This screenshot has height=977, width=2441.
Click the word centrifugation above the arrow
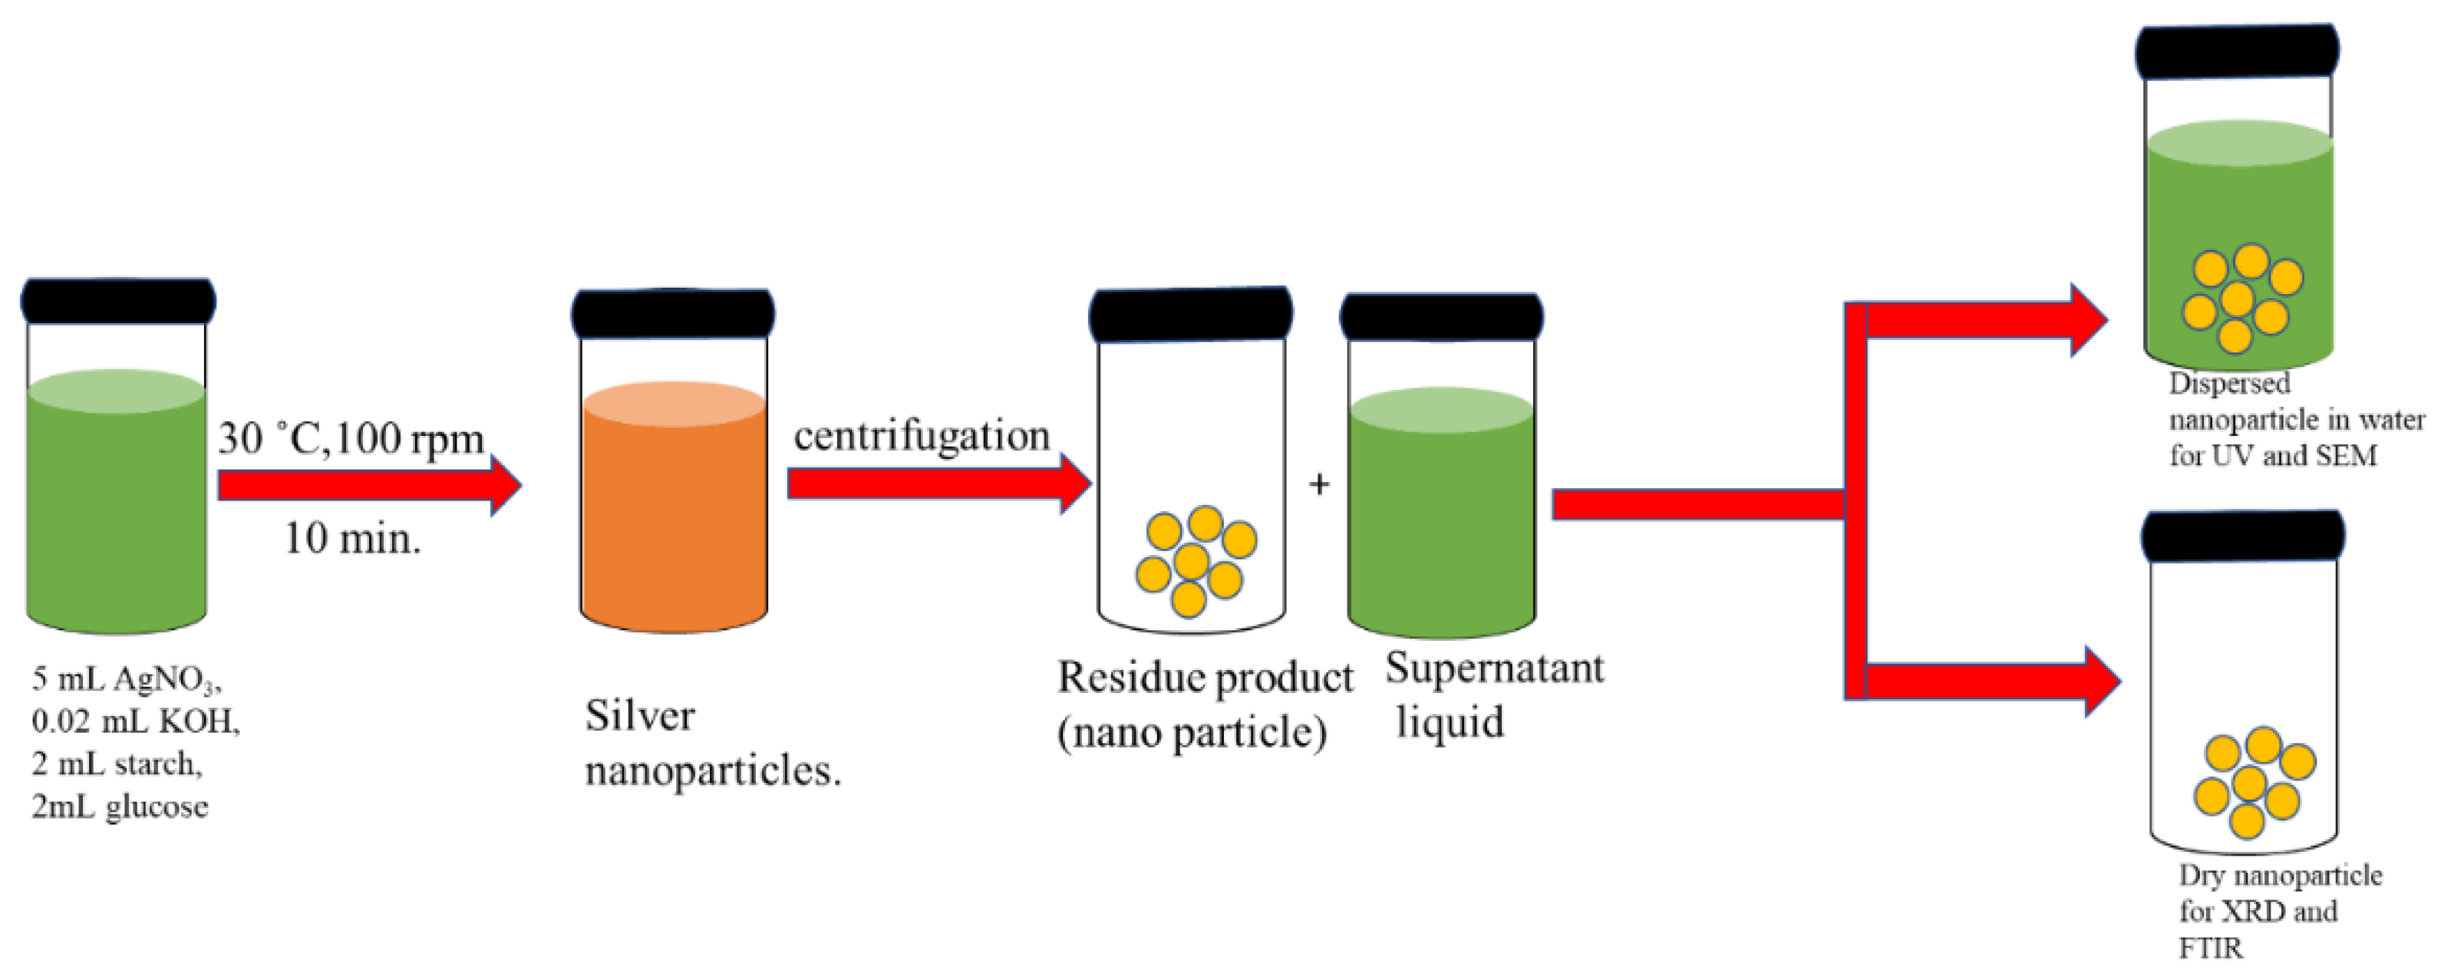(x=921, y=436)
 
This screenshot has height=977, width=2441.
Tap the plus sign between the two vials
(x=1318, y=484)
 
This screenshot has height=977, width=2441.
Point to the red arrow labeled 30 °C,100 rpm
(x=370, y=484)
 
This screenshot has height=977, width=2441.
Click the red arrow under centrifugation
(x=938, y=484)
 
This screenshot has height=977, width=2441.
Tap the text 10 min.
(x=352, y=540)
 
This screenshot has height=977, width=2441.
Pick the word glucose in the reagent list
(x=157, y=807)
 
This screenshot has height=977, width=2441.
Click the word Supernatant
(x=1494, y=669)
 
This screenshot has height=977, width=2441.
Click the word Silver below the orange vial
(x=640, y=715)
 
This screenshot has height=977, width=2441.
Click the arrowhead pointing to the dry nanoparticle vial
(x=2101, y=681)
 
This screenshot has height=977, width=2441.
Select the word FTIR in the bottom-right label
(x=2210, y=948)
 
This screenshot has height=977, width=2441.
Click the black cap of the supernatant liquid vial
(x=1440, y=318)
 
